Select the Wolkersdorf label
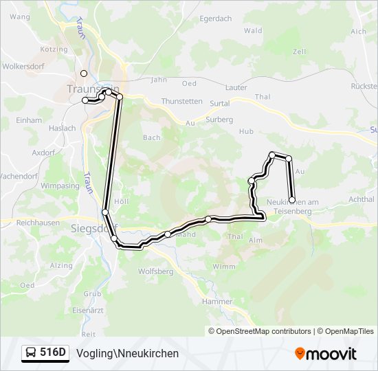point(24,67)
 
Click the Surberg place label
point(220,119)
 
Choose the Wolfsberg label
point(156,271)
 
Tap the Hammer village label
point(218,301)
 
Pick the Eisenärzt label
point(89,311)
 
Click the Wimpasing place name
point(60,186)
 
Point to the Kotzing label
point(54,49)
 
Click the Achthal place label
point(362,199)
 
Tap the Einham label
point(29,120)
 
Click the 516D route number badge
point(46,353)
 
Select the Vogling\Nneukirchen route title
point(128,353)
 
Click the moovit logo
point(326,353)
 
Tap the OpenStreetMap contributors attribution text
point(263,331)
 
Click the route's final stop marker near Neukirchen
point(293,200)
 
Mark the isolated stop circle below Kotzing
point(84,73)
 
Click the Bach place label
point(152,137)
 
